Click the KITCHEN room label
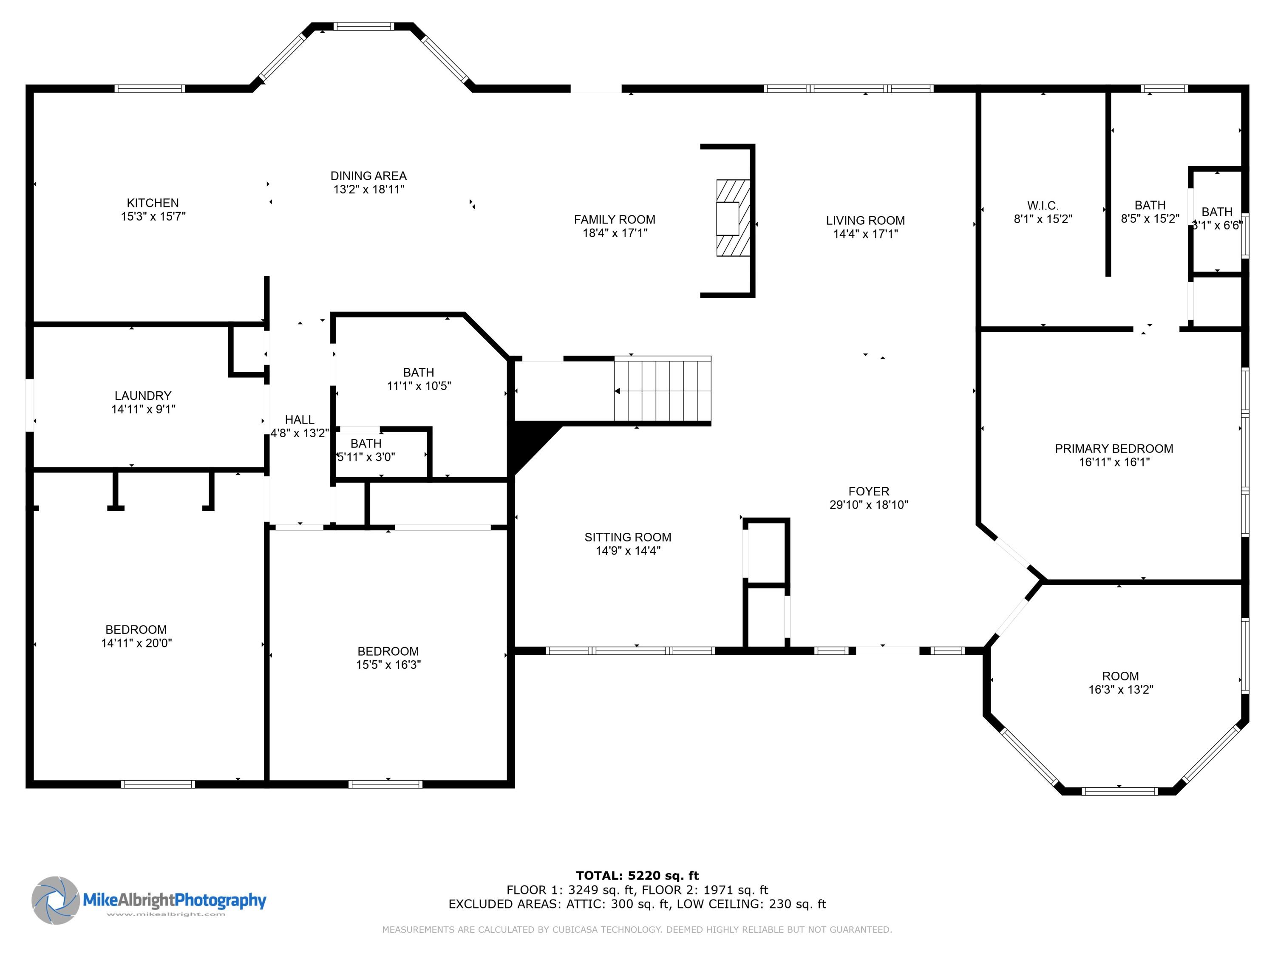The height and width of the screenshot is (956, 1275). pyautogui.click(x=153, y=203)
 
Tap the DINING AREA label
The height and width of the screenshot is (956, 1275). pyautogui.click(x=368, y=176)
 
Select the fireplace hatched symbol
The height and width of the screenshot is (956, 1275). pyautogui.click(x=733, y=218)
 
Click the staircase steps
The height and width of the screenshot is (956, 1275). pyautogui.click(x=663, y=391)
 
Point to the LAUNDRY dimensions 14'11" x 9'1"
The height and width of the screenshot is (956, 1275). pyautogui.click(x=143, y=409)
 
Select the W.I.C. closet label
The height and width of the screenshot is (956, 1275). pyautogui.click(x=1043, y=205)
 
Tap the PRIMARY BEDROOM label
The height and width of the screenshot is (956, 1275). pyautogui.click(x=1113, y=448)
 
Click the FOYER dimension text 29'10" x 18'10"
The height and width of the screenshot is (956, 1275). pyautogui.click(x=869, y=505)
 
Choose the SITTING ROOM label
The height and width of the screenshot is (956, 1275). pyautogui.click(x=628, y=537)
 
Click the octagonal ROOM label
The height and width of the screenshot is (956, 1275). pyautogui.click(x=1120, y=676)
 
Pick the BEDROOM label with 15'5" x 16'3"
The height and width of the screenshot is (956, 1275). pyautogui.click(x=388, y=651)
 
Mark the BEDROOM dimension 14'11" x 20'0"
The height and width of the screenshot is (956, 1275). pyautogui.click(x=136, y=643)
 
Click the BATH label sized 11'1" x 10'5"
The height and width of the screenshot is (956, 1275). pyautogui.click(x=419, y=372)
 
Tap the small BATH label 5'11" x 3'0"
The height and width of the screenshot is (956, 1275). pyautogui.click(x=366, y=443)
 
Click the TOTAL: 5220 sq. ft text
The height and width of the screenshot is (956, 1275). pyautogui.click(x=637, y=876)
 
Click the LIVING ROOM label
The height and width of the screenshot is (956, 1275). pyautogui.click(x=865, y=220)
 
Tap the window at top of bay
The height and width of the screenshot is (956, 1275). pyautogui.click(x=364, y=26)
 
